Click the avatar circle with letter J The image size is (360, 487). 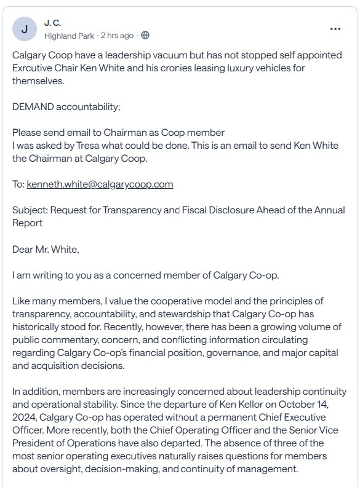(x=24, y=28)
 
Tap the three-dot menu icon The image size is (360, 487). (x=335, y=28)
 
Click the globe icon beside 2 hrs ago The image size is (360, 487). (x=145, y=35)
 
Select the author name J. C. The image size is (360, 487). (x=53, y=23)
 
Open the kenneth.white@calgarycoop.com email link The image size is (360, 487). (x=100, y=184)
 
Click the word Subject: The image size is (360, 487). (x=30, y=210)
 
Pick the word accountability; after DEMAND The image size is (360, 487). (x=89, y=106)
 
